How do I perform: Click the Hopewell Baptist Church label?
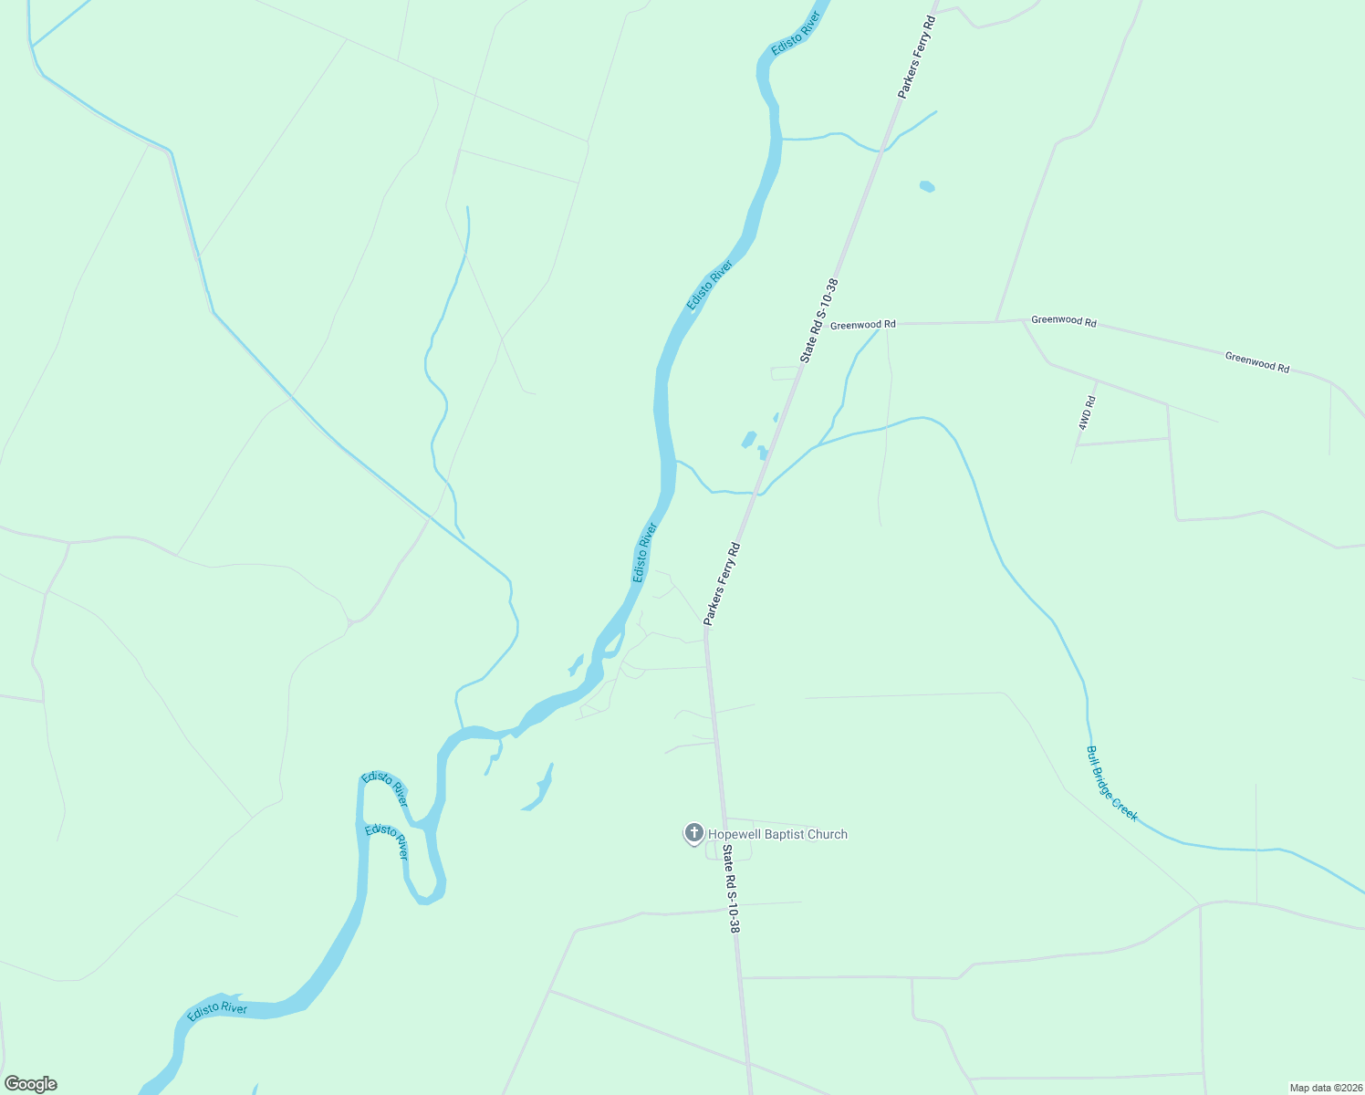tap(777, 834)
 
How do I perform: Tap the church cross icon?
tap(693, 832)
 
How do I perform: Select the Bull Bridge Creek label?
tap(1111, 784)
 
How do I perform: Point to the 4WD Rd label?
tap(1086, 413)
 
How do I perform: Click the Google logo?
tap(30, 1084)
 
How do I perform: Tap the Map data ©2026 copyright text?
tap(1325, 1088)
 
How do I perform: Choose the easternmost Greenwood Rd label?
tap(1256, 362)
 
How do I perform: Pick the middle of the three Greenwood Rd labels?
tap(1063, 320)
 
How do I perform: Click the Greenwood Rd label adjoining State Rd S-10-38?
tap(862, 325)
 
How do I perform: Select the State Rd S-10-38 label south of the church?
tap(731, 888)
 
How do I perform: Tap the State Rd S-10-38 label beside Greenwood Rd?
tap(818, 321)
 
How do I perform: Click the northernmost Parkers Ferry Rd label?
tap(917, 57)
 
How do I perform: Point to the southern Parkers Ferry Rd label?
tap(722, 584)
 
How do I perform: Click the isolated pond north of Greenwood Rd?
tap(927, 186)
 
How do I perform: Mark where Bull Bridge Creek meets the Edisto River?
tap(675, 462)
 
